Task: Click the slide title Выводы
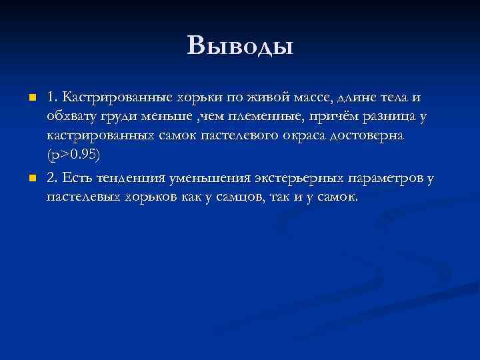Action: (240, 45)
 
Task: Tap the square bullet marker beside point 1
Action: (31, 99)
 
